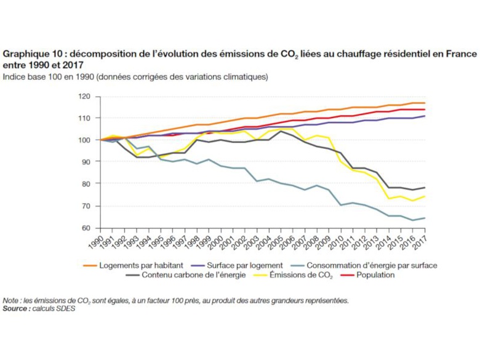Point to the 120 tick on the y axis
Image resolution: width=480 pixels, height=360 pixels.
[84, 97]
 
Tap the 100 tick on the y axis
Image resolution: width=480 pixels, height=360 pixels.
[84, 140]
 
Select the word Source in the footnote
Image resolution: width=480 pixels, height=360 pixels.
[15, 308]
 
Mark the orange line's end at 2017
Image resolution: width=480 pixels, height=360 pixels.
[425, 103]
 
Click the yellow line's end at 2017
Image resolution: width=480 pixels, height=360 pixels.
[425, 196]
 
